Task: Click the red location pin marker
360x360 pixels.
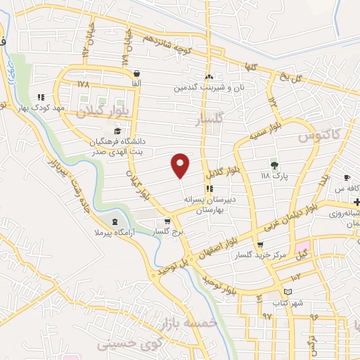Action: point(181,165)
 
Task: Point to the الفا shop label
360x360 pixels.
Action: point(135,83)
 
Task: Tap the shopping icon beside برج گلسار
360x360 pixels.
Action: point(167,222)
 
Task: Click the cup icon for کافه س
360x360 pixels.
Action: point(346,177)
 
